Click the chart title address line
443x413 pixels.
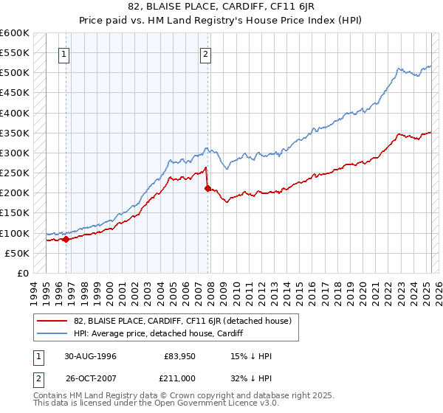pyautogui.click(x=221, y=7)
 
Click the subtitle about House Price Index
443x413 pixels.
pyautogui.click(x=221, y=19)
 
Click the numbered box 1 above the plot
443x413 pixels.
pyautogui.click(x=65, y=53)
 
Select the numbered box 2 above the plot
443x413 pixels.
pyautogui.click(x=205, y=53)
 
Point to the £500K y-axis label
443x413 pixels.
pyautogui.click(x=15, y=73)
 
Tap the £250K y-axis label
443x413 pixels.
pyautogui.click(x=15, y=173)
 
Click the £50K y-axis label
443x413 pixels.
pyautogui.click(x=18, y=253)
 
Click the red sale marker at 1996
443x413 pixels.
pyautogui.click(x=66, y=239)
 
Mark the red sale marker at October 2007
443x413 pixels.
pyautogui.click(x=207, y=188)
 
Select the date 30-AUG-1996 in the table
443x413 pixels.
pyautogui.click(x=90, y=356)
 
